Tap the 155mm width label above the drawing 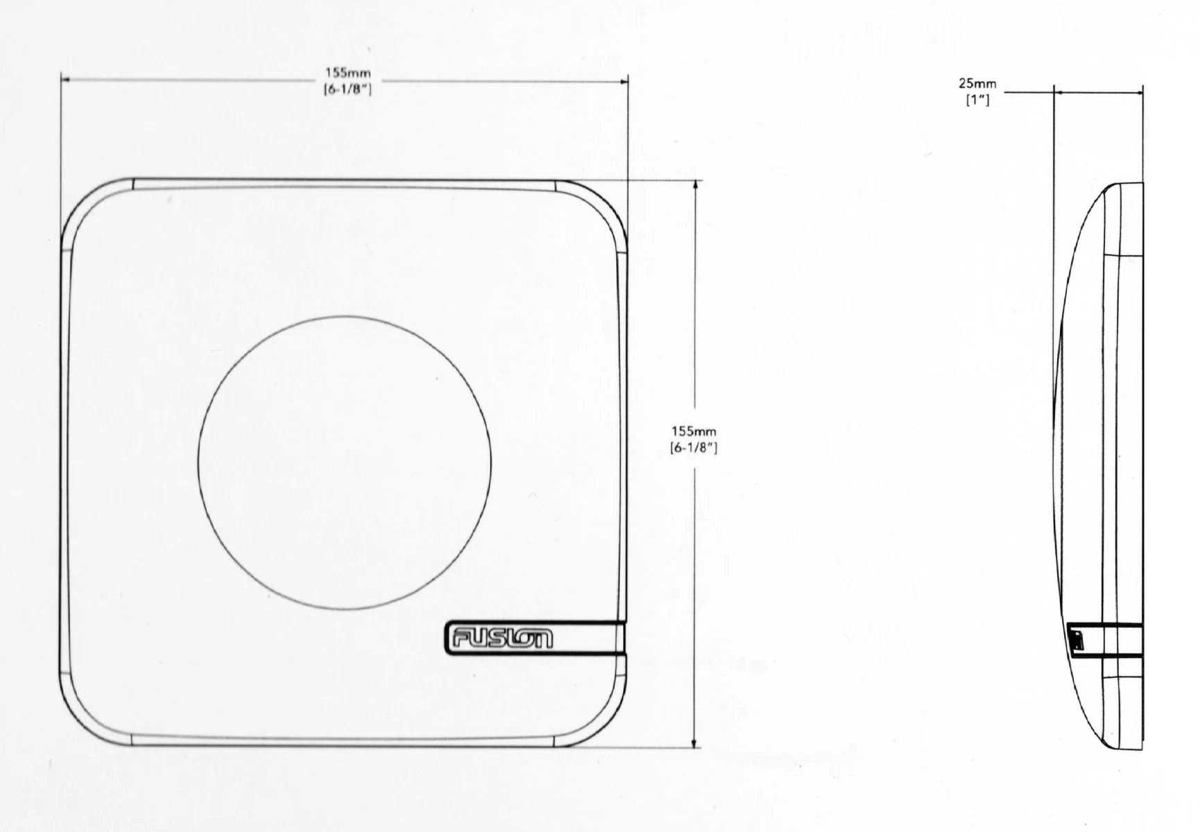click(348, 72)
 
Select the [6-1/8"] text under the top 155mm click(348, 89)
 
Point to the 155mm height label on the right click(693, 431)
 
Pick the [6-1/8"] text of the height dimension click(693, 448)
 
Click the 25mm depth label click(977, 84)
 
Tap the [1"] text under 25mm click(977, 100)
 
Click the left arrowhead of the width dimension click(66, 80)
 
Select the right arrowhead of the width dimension click(623, 80)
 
